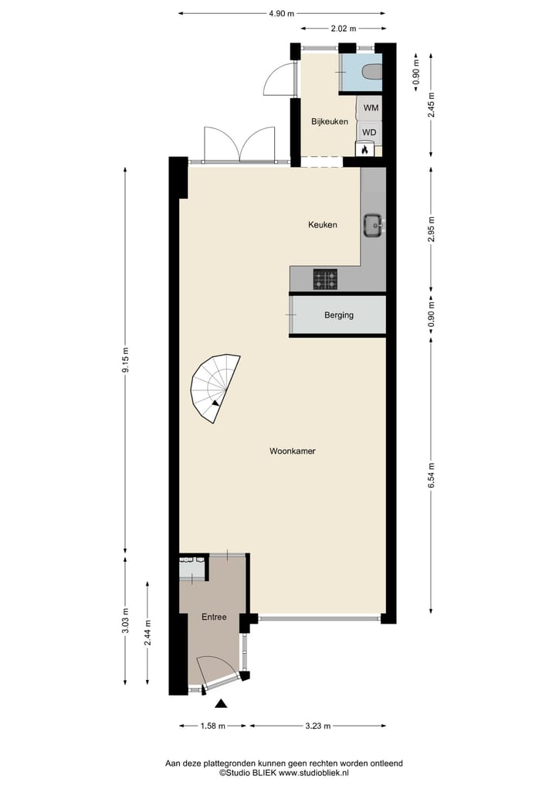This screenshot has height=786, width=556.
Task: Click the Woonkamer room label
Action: tap(293, 451)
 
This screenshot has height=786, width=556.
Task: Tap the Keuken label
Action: tap(322, 225)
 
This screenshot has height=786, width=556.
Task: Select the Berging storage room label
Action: tap(339, 315)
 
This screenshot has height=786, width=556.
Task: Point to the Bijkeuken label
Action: tap(330, 121)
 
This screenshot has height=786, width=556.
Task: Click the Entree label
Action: tap(214, 617)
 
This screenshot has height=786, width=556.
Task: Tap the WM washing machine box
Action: tap(371, 107)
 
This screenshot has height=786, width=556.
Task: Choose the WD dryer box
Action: tap(370, 132)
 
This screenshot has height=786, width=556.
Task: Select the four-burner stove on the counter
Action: tap(325, 279)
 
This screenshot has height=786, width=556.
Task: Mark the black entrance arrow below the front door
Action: tap(222, 703)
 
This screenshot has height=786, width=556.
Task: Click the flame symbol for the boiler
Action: tap(364, 149)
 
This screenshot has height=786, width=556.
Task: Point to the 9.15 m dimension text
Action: tap(125, 359)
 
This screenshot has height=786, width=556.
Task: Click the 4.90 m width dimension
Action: tap(281, 13)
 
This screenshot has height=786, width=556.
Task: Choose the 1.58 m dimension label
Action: tap(213, 726)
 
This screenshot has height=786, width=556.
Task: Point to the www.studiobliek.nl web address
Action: tap(314, 772)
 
